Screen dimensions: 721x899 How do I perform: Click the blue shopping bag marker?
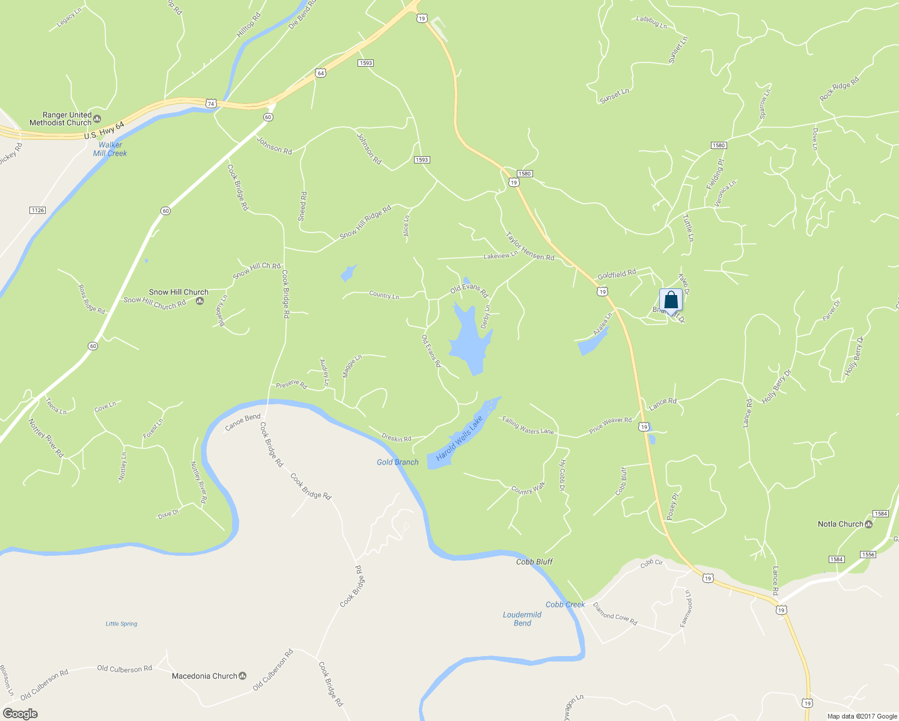(x=671, y=300)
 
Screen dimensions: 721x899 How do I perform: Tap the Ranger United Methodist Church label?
(x=61, y=119)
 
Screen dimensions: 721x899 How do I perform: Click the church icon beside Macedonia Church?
(x=243, y=676)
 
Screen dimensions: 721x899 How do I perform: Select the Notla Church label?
(x=840, y=524)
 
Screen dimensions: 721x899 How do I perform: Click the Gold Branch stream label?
(x=397, y=462)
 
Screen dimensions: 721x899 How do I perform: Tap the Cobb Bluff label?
(x=534, y=562)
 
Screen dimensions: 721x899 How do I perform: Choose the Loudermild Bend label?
(x=522, y=619)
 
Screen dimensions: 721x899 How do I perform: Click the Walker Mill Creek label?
(x=110, y=149)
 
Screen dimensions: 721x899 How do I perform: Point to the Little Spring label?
(x=121, y=624)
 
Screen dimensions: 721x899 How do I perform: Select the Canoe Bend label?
(x=243, y=422)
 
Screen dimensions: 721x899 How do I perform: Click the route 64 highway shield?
(x=321, y=73)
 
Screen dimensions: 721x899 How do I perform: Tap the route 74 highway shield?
(x=210, y=103)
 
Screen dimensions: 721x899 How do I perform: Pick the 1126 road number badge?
(x=37, y=210)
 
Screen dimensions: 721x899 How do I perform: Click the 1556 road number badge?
(x=868, y=555)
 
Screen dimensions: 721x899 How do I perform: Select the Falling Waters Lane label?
(x=528, y=426)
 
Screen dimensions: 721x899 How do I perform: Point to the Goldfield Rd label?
(x=617, y=275)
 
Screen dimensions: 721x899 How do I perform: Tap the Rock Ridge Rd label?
(x=839, y=90)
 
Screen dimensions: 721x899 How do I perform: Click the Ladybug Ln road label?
(x=651, y=23)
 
